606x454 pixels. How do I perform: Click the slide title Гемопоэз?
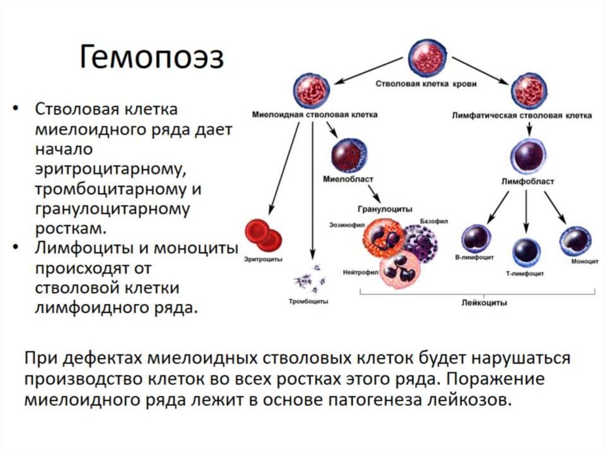coord(151,59)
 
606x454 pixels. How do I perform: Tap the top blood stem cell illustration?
coord(427,57)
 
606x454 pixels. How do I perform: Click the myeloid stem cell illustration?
coord(311,91)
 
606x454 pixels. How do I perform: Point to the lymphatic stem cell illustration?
coord(528,91)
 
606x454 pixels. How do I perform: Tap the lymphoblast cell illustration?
coord(527,155)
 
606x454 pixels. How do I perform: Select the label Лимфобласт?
coord(527,182)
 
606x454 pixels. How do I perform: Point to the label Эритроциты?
coord(263,259)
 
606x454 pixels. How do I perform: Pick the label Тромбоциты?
coord(308,301)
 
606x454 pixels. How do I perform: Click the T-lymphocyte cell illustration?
coord(527,252)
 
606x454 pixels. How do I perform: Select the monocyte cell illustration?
coord(575,240)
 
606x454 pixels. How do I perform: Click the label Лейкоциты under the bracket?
coord(484,302)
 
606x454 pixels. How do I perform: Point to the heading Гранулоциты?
coord(385,208)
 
